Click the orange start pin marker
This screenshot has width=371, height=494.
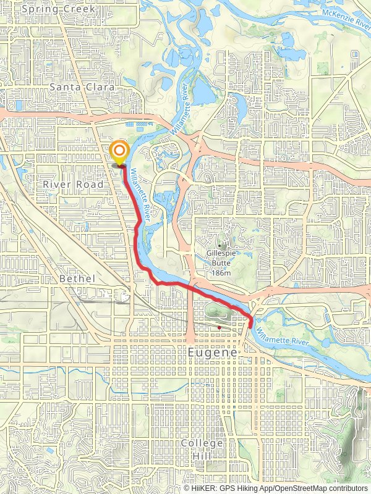[x=119, y=152]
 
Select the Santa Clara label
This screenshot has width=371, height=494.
[x=82, y=88]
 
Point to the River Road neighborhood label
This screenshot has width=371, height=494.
[x=69, y=184]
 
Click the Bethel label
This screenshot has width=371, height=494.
[x=78, y=278]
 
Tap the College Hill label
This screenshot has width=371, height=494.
[x=202, y=449]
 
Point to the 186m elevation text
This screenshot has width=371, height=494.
[x=220, y=273]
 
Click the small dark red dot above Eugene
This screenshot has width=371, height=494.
[x=219, y=327]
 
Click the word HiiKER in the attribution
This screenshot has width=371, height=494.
[x=205, y=488]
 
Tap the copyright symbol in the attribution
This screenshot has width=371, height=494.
[x=187, y=488]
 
